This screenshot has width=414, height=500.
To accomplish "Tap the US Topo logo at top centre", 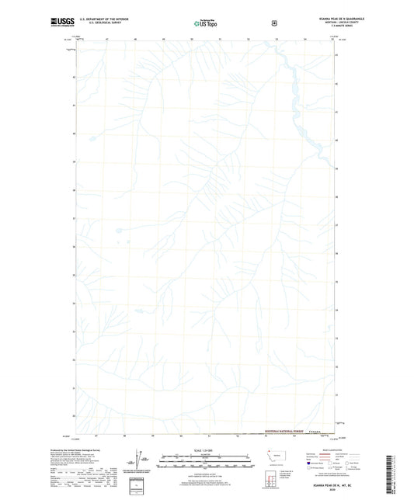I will (206, 24).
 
